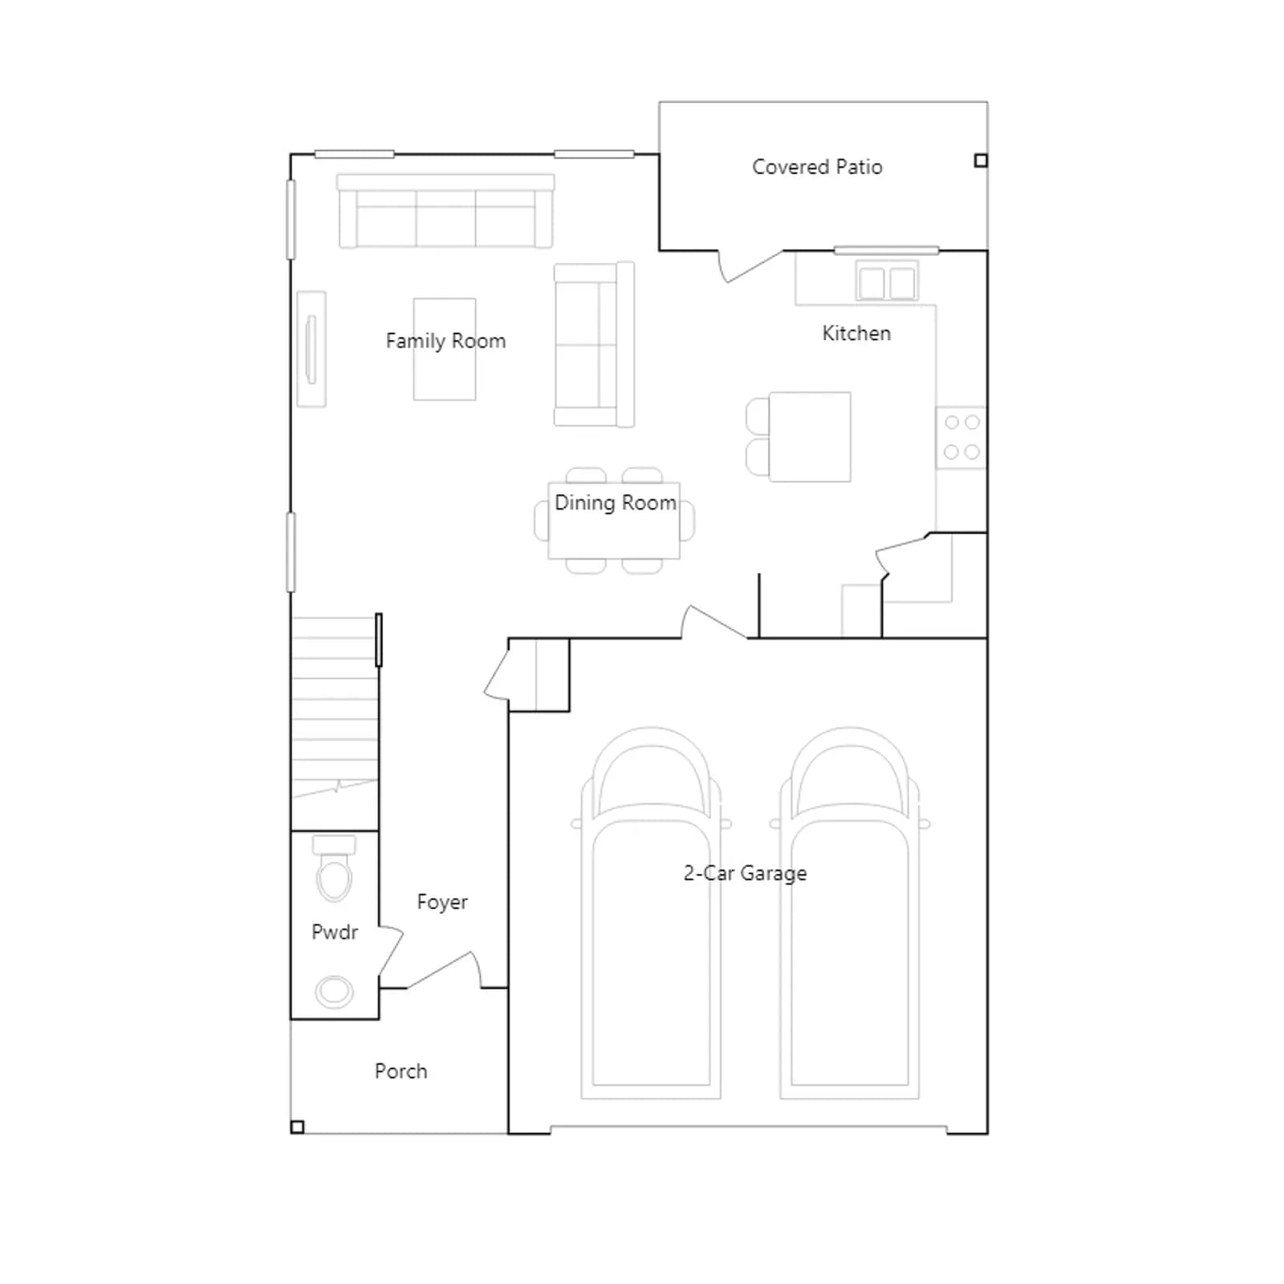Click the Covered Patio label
pyautogui.click(x=817, y=167)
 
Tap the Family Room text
pyautogui.click(x=445, y=341)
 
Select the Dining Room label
pyautogui.click(x=616, y=503)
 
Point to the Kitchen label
pyautogui.click(x=856, y=333)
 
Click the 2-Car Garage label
pyautogui.click(x=745, y=873)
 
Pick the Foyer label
pyautogui.click(x=442, y=902)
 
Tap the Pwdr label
pyautogui.click(x=335, y=932)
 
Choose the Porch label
pyautogui.click(x=400, y=1071)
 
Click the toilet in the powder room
pyautogui.click(x=334, y=868)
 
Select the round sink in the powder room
pyautogui.click(x=334, y=992)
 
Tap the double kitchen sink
pyautogui.click(x=887, y=281)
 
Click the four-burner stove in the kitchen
pyautogui.click(x=961, y=437)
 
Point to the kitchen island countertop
pyautogui.click(x=810, y=437)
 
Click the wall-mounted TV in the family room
pyautogui.click(x=311, y=349)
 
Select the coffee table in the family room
pyautogui.click(x=445, y=349)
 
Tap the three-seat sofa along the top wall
pyautogui.click(x=445, y=211)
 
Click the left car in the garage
pyautogui.click(x=651, y=913)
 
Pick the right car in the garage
pyautogui.click(x=850, y=913)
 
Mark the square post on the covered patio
pyautogui.click(x=981, y=160)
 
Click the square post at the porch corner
pyautogui.click(x=297, y=1127)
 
